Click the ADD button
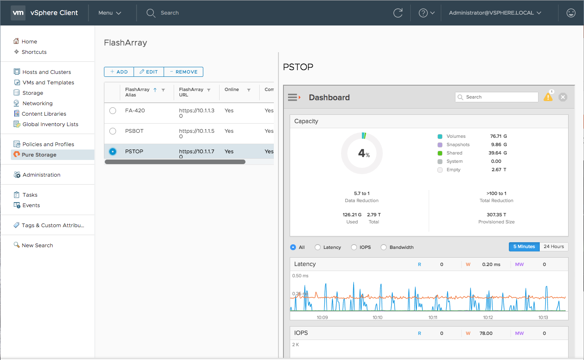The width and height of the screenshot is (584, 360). coord(119,72)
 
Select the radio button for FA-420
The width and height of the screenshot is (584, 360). coord(113,111)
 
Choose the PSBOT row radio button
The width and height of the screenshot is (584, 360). coord(113,131)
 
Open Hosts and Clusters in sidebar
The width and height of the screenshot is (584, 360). coord(46,72)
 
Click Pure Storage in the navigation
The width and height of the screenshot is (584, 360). coord(39,155)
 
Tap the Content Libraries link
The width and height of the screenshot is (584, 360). coord(44,114)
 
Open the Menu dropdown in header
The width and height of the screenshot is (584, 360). coord(110,13)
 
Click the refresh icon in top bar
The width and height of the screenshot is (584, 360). coord(398,13)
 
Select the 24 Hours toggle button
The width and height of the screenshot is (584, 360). coord(554,247)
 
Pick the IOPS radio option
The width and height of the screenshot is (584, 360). coord(354,247)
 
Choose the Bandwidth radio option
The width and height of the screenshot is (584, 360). coord(384,247)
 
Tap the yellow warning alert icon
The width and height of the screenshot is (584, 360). coord(548,97)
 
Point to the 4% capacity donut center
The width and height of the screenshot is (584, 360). coord(362,154)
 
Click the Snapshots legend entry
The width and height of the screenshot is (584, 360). coord(458,145)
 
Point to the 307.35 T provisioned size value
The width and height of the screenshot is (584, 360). coord(496,215)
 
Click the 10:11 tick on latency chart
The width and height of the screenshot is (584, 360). coord(433,317)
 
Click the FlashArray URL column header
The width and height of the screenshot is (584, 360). coord(191,92)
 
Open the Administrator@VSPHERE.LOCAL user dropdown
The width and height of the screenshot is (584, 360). coord(495,13)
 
